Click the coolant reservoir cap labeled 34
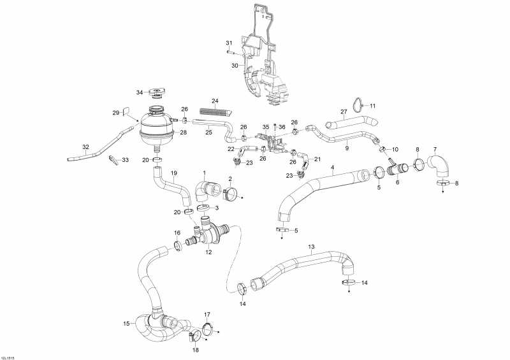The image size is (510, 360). click(157, 93)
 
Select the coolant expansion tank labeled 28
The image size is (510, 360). click(156, 129)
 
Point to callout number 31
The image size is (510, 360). click(229, 43)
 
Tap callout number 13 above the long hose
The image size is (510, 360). click(311, 247)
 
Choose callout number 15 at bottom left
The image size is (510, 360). click(127, 324)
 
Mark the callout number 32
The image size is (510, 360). click(85, 147)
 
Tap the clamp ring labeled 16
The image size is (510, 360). click(178, 245)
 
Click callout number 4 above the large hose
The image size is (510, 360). click(332, 168)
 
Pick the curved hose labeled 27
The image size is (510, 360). click(351, 123)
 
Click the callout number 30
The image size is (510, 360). click(235, 66)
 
